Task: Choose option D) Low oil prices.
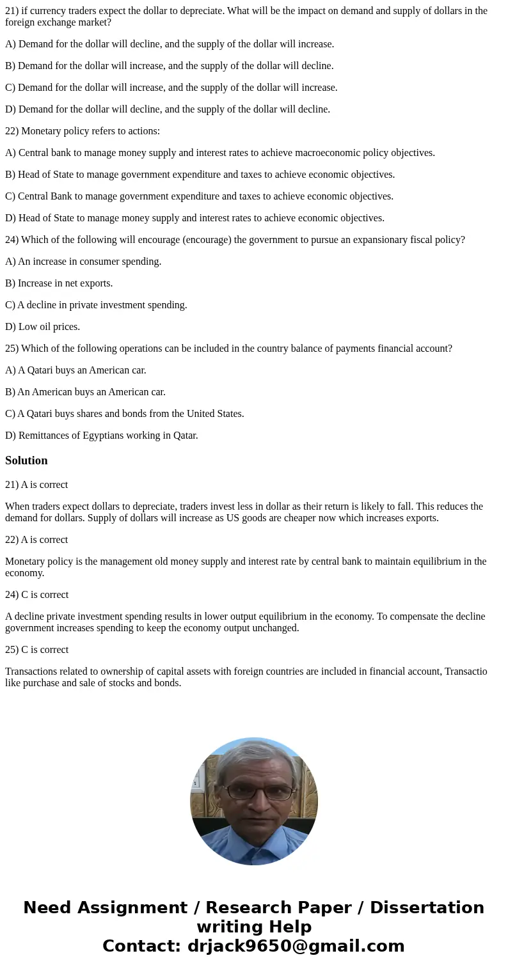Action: pyautogui.click(x=43, y=327)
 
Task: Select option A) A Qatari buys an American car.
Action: pyautogui.click(x=75, y=370)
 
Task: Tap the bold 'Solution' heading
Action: pyautogui.click(x=26, y=460)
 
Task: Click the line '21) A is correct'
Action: pyautogui.click(x=36, y=485)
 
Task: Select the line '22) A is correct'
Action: pyautogui.click(x=36, y=540)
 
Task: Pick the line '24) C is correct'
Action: pyautogui.click(x=36, y=595)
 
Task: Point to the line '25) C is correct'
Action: pyautogui.click(x=36, y=650)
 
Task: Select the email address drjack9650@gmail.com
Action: pyautogui.click(x=296, y=947)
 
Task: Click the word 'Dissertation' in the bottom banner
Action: pyautogui.click(x=427, y=908)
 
